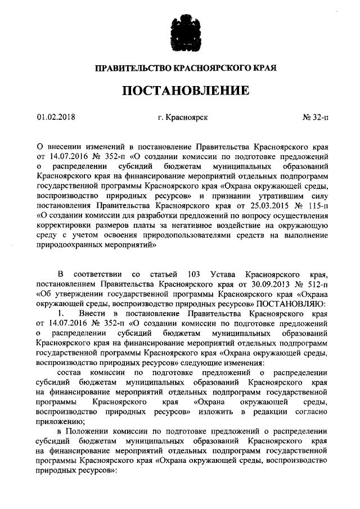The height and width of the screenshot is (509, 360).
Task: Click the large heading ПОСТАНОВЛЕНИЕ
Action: coord(180,90)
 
